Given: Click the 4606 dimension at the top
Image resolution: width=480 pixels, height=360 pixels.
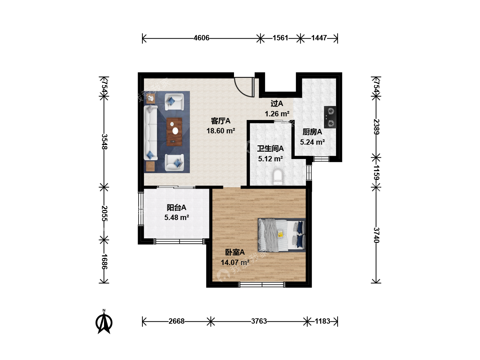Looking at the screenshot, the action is (201, 38).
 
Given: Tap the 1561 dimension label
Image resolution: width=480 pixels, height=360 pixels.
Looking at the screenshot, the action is (280, 38).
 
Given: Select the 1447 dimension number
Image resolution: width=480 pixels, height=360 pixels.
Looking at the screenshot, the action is (319, 38).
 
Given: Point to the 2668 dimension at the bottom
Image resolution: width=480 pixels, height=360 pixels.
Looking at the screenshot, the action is (176, 321).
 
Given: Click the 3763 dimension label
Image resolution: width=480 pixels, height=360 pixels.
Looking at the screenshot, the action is (259, 321).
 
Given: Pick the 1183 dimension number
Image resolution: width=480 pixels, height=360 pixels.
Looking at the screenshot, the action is (322, 321).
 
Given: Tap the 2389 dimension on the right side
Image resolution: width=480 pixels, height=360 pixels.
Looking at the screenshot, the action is (376, 127).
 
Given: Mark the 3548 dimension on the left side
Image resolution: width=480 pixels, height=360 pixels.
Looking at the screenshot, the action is (105, 142).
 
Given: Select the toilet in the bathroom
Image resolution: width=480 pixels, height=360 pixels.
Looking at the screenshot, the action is (278, 177).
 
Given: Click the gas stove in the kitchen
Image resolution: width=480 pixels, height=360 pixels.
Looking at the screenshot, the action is (330, 117).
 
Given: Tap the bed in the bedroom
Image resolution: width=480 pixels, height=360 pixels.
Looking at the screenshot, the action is (282, 235).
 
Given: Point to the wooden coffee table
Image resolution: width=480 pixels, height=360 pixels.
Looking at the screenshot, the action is (174, 132).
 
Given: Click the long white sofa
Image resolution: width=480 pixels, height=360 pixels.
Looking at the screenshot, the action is (151, 133).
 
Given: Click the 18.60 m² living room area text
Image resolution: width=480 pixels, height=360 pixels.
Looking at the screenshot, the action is (221, 131).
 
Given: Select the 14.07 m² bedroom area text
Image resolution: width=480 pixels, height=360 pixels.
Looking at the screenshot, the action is (235, 262).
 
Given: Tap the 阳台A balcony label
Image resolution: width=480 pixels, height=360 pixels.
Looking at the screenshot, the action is (176, 207).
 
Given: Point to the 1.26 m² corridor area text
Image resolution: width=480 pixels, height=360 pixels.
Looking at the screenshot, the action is (277, 114).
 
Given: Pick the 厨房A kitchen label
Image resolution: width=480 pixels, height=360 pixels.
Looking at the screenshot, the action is (312, 132).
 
